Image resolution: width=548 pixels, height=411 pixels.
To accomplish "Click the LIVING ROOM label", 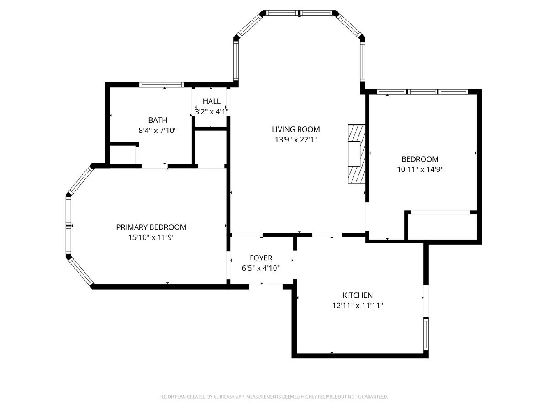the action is coord(295,130).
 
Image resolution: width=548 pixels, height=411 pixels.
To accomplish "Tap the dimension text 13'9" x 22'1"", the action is coord(295,140).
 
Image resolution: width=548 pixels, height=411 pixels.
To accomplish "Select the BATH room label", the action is coord(158,120).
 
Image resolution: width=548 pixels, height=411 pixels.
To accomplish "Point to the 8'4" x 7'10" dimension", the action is coord(158,131).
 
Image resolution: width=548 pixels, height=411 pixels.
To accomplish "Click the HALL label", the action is coord(211,101).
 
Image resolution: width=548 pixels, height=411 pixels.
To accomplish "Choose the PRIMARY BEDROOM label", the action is coord(151,227).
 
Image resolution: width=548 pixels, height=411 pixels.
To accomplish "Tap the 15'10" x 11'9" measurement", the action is coord(151,237).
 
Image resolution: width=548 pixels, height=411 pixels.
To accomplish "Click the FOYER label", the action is coord(261,258).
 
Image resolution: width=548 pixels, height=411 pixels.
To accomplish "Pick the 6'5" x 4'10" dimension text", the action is coord(261,268).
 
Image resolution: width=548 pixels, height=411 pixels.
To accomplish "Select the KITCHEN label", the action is coord(358,295).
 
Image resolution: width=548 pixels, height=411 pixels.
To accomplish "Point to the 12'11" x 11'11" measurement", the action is coord(358,306).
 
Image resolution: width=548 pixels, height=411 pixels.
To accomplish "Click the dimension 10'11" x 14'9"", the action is coord(420,169).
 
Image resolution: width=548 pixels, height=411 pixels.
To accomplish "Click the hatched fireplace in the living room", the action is coord(357,154).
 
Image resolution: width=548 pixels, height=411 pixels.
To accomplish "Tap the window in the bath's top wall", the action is coord(161,84).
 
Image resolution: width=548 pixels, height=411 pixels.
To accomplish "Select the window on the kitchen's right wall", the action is coord(426,334).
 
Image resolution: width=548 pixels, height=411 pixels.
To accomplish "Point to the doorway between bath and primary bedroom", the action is coord(154,166).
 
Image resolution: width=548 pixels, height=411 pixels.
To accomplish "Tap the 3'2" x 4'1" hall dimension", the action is coord(211,111).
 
